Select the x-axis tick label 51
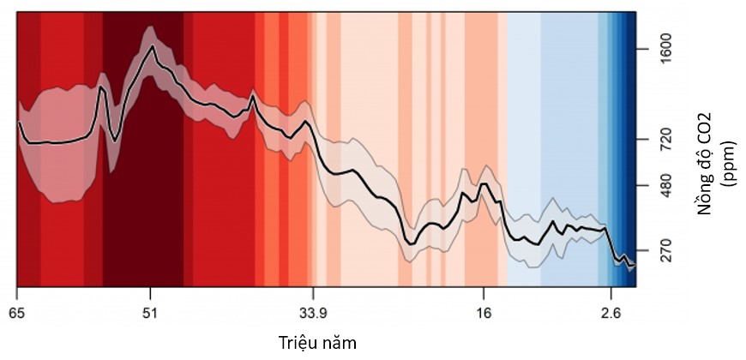pyautogui.click(x=150, y=314)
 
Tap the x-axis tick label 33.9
pyautogui.click(x=313, y=314)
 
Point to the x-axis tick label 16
pyautogui.click(x=484, y=314)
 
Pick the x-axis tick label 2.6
pyautogui.click(x=610, y=314)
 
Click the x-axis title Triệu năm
pyautogui.click(x=317, y=342)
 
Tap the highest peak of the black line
pyautogui.click(x=153, y=46)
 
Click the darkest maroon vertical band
pyautogui.click(x=143, y=171)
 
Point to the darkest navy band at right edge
pyautogui.click(x=632, y=129)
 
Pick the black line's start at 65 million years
pyautogui.click(x=19, y=123)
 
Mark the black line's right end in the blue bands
pyautogui.click(x=634, y=267)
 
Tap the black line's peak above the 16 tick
pyautogui.click(x=484, y=183)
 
